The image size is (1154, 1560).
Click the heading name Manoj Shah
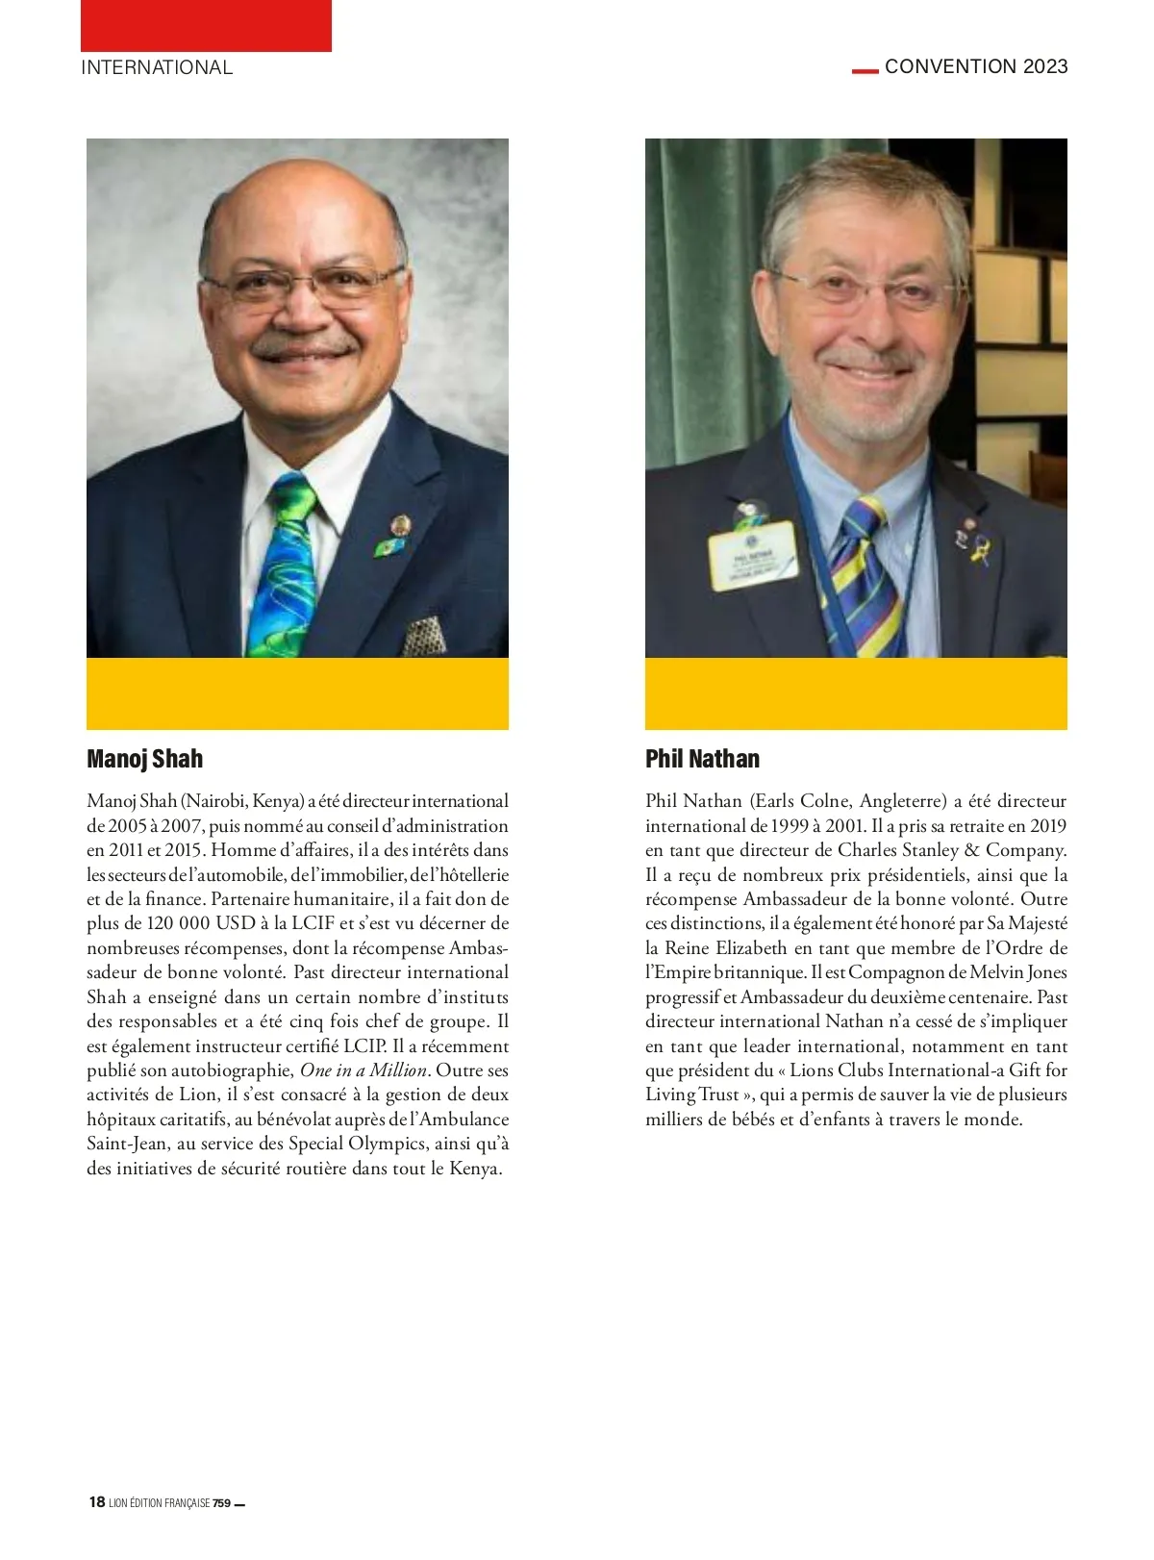click(144, 759)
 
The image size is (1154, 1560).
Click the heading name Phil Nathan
click(702, 759)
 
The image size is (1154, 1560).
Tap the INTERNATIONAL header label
click(157, 67)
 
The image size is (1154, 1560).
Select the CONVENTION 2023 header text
click(976, 66)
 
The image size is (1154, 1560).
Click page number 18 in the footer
click(96, 1502)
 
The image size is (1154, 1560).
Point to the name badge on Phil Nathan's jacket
click(752, 555)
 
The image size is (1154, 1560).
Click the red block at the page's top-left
click(206, 26)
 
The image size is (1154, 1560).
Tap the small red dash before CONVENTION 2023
click(865, 70)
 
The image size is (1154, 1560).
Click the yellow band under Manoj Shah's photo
click(297, 693)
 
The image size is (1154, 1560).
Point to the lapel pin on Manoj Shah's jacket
click(399, 525)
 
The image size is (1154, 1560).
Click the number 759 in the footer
click(221, 1503)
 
